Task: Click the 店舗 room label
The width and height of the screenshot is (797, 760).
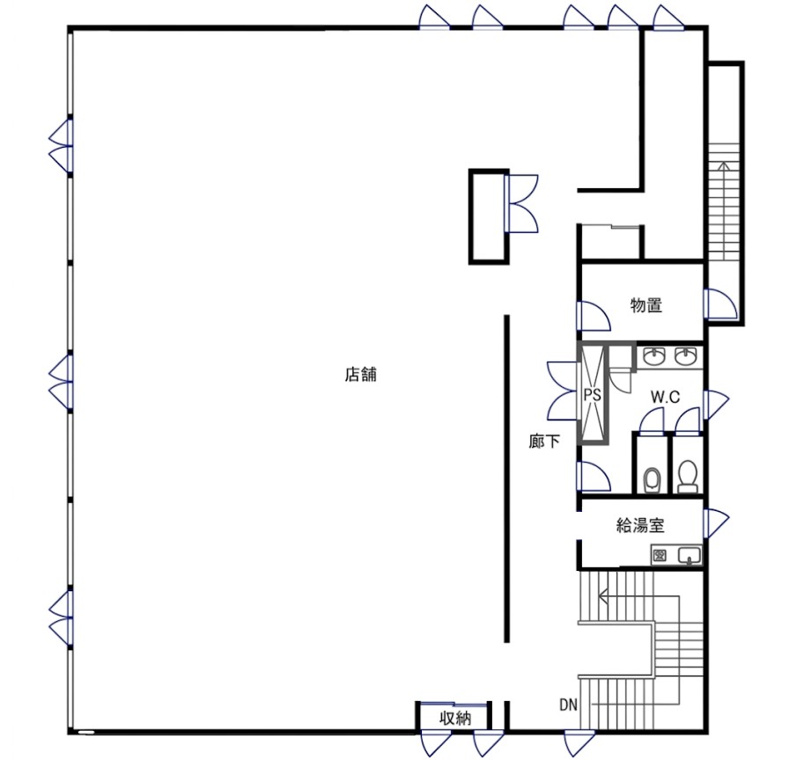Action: [361, 375]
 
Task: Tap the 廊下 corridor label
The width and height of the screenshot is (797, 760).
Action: [544, 442]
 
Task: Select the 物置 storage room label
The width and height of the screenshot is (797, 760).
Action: [646, 305]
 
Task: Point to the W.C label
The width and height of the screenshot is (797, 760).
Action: [665, 397]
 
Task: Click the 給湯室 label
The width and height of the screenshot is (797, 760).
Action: [640, 525]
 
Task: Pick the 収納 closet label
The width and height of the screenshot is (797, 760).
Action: [455, 719]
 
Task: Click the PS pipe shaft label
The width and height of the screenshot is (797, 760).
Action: [592, 394]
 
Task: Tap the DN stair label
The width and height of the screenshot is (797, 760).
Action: [569, 705]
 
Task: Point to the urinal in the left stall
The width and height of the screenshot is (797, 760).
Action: [652, 479]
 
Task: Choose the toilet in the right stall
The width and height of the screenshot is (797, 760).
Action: [688, 476]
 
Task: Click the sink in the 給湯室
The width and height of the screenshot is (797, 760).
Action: [689, 555]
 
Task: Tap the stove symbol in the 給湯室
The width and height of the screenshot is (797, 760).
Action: [660, 555]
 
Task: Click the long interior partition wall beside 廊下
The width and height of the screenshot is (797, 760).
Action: [506, 479]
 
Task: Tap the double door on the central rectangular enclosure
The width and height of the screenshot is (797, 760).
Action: [521, 203]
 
